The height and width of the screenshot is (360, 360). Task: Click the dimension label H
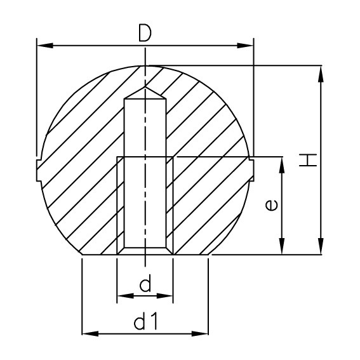308,159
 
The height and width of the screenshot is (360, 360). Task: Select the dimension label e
270,206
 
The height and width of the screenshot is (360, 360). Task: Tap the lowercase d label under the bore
145,284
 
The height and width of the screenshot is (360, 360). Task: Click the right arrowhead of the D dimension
247,45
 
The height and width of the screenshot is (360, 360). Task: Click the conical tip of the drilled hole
145,92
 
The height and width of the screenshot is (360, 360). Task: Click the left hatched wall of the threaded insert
121,203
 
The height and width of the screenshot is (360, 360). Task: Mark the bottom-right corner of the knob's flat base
210,255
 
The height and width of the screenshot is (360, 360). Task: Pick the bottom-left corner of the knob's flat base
81,255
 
